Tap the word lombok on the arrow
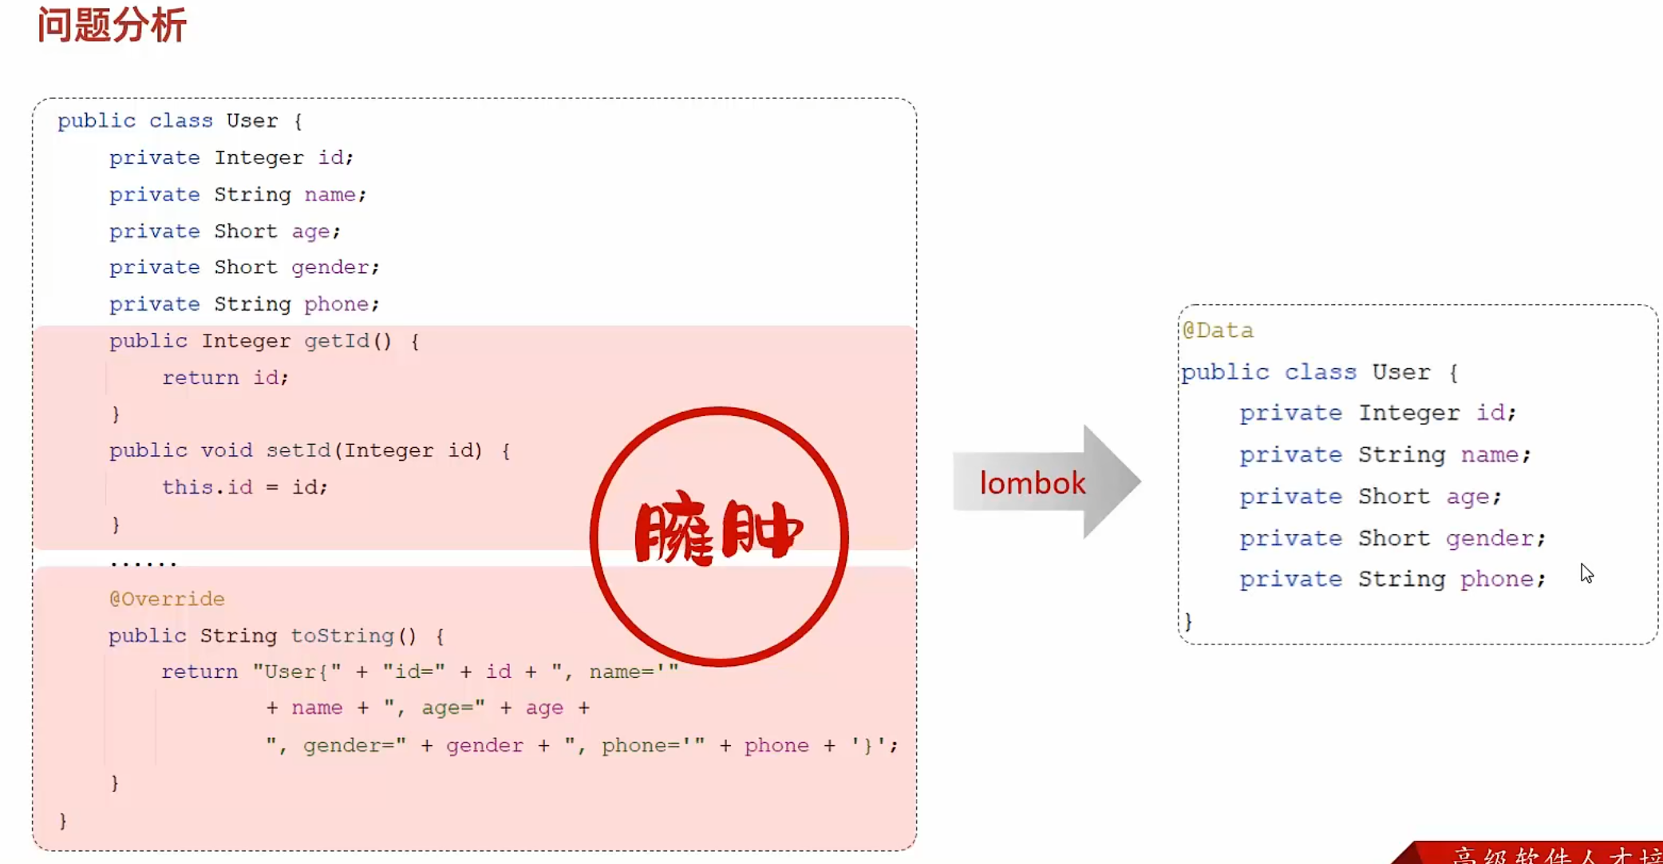pos(1033,483)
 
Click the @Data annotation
pos(1218,330)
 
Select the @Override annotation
pos(167,599)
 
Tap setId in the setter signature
pos(298,450)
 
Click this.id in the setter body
pos(207,487)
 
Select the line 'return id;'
pos(225,378)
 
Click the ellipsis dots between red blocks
pos(144,563)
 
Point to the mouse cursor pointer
pos(1586,573)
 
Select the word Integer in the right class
pos(1409,413)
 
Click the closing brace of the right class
pos(1188,620)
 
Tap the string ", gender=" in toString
pos(336,745)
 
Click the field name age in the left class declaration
pos(310,232)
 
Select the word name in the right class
pos(1490,454)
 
